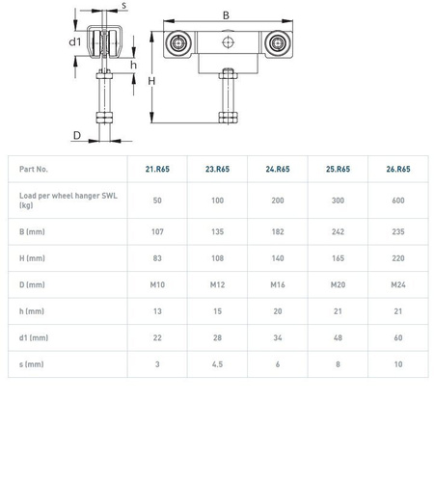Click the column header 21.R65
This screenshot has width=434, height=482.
157,169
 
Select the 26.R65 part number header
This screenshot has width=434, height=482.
398,169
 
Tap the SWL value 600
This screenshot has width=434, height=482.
398,201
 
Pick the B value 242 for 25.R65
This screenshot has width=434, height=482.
338,231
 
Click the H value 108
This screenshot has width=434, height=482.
217,258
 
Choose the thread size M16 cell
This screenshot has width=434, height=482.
278,284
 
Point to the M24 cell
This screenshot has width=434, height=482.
398,284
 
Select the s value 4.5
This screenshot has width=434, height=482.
217,364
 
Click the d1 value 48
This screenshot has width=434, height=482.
338,337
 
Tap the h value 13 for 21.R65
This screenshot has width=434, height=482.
157,311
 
